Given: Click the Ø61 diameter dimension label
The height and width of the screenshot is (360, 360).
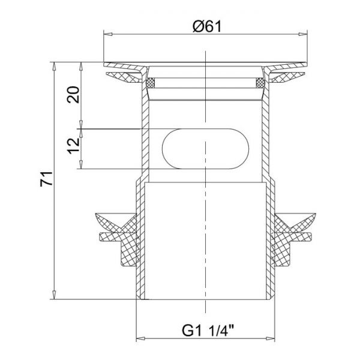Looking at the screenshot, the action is tap(207, 26).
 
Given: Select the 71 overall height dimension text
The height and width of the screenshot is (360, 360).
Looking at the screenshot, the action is tap(47, 179).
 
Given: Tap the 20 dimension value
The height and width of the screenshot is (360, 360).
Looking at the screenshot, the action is tap(73, 94).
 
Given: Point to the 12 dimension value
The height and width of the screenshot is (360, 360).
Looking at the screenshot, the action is tap(73, 146).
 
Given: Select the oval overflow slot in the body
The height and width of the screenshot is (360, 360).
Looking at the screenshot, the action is tap(205, 149).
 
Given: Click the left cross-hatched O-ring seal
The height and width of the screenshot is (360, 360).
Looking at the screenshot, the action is tap(151, 83).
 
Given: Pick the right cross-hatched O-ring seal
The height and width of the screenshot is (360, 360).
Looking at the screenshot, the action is tap(260, 83).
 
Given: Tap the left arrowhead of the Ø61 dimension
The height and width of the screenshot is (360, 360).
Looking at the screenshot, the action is tap(108, 34).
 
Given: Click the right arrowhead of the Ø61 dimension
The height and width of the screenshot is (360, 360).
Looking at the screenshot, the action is tap(303, 34).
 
